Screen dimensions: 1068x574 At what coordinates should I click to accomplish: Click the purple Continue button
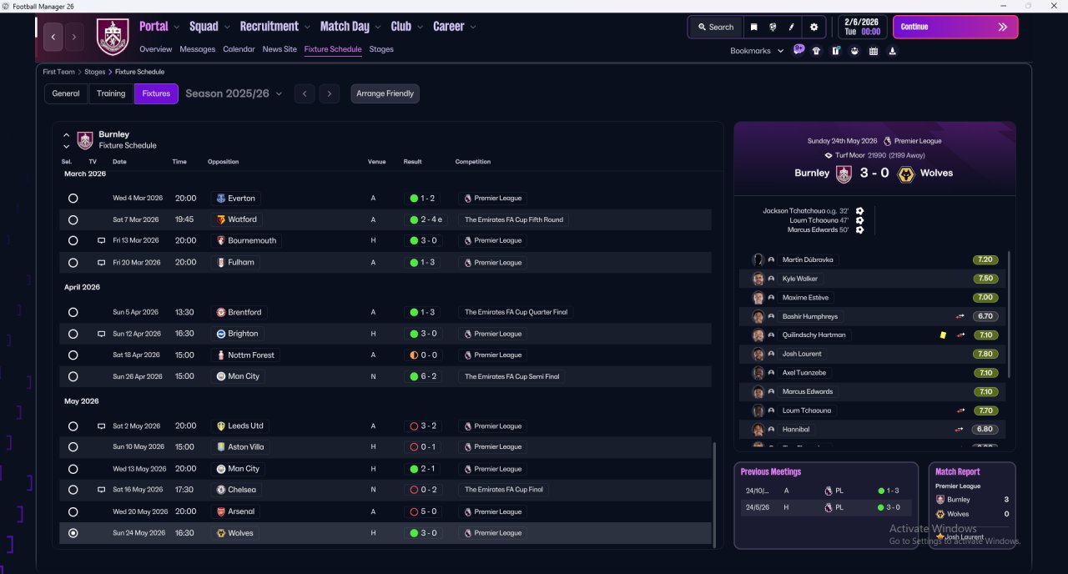pyautogui.click(x=955, y=27)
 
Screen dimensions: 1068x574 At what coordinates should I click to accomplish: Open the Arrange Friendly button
pyautogui.click(x=385, y=93)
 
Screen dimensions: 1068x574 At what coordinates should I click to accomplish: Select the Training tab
pyautogui.click(x=111, y=93)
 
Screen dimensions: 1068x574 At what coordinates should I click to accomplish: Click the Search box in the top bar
pyautogui.click(x=716, y=28)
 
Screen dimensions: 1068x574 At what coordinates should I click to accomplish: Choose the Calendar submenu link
pyautogui.click(x=239, y=49)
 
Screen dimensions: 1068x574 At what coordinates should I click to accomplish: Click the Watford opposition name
pyautogui.click(x=242, y=219)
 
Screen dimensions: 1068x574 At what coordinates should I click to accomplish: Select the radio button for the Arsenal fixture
pyautogui.click(x=73, y=511)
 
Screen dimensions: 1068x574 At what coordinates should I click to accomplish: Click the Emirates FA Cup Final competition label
pyautogui.click(x=503, y=489)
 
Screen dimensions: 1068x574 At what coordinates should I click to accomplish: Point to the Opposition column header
pyautogui.click(x=223, y=162)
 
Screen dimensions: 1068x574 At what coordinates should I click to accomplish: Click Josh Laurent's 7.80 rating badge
pyautogui.click(x=985, y=354)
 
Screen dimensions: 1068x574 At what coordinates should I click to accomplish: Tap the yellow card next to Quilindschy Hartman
pyautogui.click(x=943, y=335)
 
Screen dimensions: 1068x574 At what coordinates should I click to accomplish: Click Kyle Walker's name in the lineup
pyautogui.click(x=799, y=279)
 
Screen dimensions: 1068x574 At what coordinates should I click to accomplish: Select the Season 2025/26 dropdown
pyautogui.click(x=234, y=93)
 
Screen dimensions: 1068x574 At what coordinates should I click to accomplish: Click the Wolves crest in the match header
pyautogui.click(x=905, y=174)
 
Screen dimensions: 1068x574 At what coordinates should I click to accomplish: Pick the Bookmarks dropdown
pyautogui.click(x=757, y=51)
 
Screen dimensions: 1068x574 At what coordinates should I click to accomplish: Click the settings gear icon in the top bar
pyautogui.click(x=814, y=28)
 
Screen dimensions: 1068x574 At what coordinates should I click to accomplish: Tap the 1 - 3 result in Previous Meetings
pyautogui.click(x=889, y=491)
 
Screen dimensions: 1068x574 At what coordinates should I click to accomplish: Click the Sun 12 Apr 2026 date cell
pyautogui.click(x=137, y=334)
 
